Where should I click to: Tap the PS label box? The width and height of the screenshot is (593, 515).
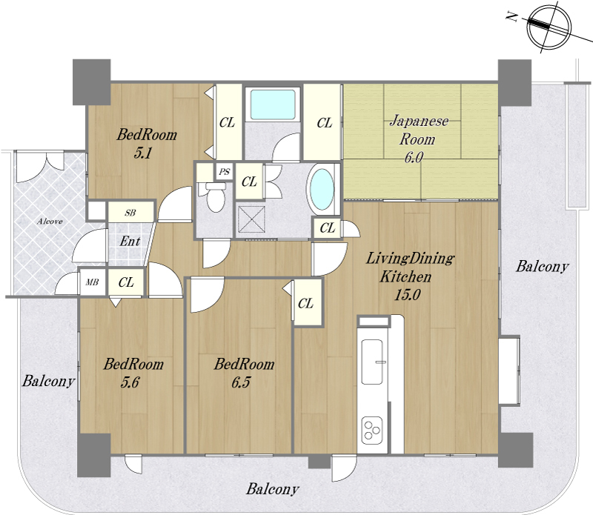click(225, 172)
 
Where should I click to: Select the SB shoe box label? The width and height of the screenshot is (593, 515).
click(130, 213)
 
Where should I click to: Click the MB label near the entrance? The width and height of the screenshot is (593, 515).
click(92, 282)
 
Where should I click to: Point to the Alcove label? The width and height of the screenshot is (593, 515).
click(50, 222)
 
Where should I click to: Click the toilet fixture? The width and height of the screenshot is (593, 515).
click(214, 196)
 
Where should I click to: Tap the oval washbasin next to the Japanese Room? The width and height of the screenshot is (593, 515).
click(322, 189)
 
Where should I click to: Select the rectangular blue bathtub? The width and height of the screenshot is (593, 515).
click(272, 104)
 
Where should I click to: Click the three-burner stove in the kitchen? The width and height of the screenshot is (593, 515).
click(372, 430)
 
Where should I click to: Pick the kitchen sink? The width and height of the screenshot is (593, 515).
click(372, 362)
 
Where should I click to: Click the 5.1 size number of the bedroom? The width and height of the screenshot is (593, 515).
click(143, 153)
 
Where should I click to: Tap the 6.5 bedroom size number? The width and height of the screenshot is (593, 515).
click(241, 382)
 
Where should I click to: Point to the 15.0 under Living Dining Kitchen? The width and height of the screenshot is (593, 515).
click(407, 295)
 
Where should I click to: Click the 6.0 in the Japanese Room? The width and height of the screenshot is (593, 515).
click(414, 157)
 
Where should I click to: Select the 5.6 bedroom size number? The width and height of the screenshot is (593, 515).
click(130, 382)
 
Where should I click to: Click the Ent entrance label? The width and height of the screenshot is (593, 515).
click(130, 242)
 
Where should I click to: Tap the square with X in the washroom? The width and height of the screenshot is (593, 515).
click(251, 219)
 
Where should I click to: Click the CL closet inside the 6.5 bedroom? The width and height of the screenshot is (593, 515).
click(306, 303)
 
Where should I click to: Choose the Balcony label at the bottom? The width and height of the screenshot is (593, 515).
click(272, 489)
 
